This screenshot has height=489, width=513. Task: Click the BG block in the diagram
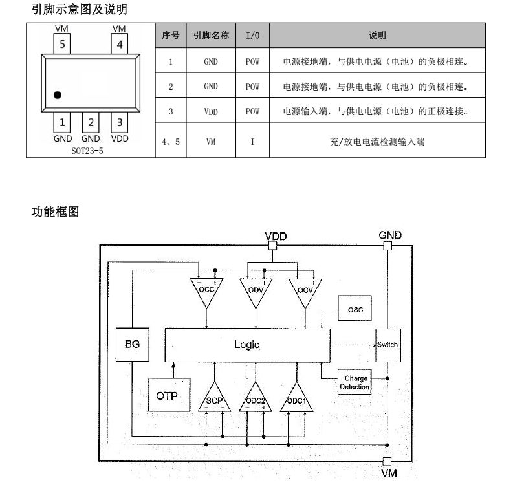pos(132,345)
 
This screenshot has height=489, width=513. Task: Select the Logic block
pos(246,345)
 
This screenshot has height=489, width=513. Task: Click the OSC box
pos(355,310)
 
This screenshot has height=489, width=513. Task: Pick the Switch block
pos(387,345)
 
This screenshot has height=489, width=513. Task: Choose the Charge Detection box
pos(355,383)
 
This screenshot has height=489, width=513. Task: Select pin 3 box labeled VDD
pos(120,122)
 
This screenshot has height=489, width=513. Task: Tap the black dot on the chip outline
pos(58,95)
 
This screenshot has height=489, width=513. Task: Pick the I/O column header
pos(252,36)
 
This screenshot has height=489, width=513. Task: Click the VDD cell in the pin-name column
pos(211,111)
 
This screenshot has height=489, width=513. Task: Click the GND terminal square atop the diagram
pos(387,246)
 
